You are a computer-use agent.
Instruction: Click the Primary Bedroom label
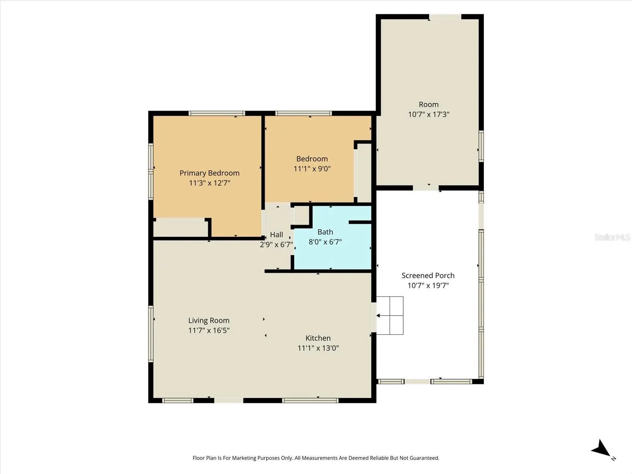(x=209, y=173)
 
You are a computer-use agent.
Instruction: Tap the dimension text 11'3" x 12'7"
(x=209, y=183)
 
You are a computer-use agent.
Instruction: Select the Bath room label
(x=325, y=232)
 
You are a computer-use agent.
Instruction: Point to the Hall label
(x=276, y=235)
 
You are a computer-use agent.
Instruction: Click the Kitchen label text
(x=318, y=338)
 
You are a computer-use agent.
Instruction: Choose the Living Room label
(x=209, y=320)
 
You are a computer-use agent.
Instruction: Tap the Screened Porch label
(x=428, y=275)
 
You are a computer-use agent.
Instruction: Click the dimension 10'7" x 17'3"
(x=429, y=114)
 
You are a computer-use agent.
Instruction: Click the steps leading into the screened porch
(x=390, y=316)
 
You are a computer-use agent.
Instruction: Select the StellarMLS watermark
(x=612, y=237)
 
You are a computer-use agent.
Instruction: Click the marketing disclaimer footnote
(x=316, y=458)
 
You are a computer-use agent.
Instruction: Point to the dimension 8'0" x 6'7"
(x=325, y=242)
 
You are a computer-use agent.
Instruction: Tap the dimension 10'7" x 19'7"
(x=428, y=285)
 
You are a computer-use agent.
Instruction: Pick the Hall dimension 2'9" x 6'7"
(x=276, y=245)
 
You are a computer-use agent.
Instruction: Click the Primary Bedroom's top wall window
(x=217, y=113)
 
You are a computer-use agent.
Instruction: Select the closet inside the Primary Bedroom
(x=180, y=229)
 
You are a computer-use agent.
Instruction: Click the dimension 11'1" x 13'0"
(x=318, y=348)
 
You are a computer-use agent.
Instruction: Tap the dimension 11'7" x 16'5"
(x=209, y=330)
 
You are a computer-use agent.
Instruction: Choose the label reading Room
(x=429, y=104)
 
